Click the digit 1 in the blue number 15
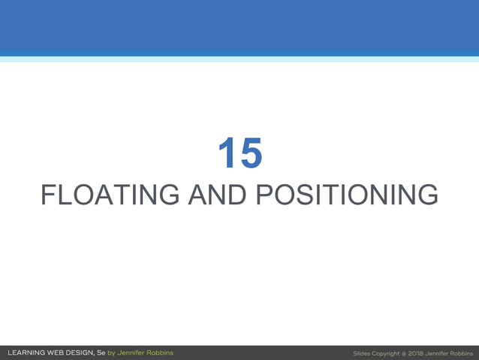point(227,153)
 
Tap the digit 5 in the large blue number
point(251,153)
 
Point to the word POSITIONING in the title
point(347,195)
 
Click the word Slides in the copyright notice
point(363,352)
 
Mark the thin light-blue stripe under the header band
point(239,59)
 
